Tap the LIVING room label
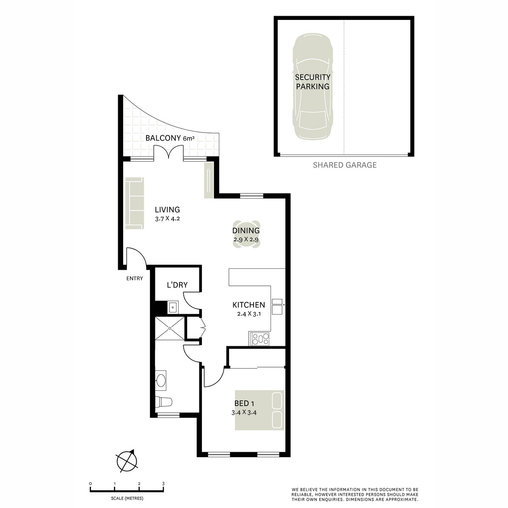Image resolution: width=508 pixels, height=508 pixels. [167, 210]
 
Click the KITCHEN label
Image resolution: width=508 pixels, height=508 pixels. [248, 305]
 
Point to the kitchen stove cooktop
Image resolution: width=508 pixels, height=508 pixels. [260, 339]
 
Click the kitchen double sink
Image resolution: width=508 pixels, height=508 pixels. [278, 306]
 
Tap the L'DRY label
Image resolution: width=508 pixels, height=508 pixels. [177, 285]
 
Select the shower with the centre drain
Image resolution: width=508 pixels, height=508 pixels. [170, 328]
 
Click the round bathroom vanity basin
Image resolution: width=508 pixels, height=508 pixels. [161, 380]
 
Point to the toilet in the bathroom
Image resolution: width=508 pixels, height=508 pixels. [164, 401]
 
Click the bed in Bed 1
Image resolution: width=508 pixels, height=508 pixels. [260, 409]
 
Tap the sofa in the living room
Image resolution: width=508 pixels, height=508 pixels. [134, 203]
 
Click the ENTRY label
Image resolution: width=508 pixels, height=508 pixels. [135, 279]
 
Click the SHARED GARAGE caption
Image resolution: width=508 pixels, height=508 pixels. [344, 165]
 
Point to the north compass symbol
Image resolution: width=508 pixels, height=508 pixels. [127, 460]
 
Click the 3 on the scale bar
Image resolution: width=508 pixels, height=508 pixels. [163, 483]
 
